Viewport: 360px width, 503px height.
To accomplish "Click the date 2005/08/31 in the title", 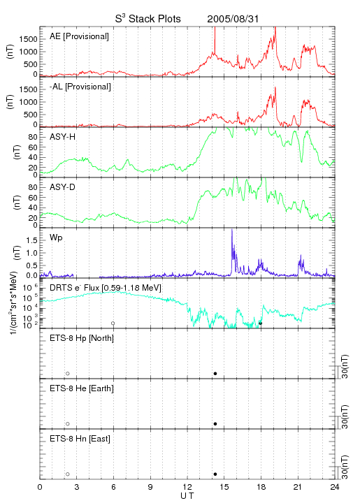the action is click(x=233, y=19).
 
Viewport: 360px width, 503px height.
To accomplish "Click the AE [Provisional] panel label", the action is click(x=79, y=36).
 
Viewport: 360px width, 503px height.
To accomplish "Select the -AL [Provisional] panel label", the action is click(x=80, y=87).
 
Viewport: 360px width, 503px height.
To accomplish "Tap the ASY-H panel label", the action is click(x=63, y=137).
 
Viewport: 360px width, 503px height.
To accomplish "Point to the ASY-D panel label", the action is click(x=63, y=187).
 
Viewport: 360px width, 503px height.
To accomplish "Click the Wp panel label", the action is click(x=56, y=238).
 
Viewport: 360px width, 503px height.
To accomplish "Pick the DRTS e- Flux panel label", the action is click(x=106, y=288).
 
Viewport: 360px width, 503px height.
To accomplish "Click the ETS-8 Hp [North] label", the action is click(x=82, y=338).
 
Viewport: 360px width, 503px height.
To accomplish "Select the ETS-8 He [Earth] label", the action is click(x=82, y=388).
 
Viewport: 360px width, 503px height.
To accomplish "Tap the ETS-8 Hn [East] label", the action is click(x=80, y=439).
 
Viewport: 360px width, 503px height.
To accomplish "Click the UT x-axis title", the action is click(x=187, y=496).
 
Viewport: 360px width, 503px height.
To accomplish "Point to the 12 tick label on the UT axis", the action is click(x=187, y=487).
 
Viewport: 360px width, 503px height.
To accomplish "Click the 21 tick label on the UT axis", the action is click(x=298, y=487).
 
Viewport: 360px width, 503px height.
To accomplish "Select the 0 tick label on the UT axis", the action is click(x=40, y=487).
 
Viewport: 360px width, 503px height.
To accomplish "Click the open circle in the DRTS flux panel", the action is click(x=113, y=323).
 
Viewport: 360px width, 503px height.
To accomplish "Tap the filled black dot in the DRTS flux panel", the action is click(x=261, y=323).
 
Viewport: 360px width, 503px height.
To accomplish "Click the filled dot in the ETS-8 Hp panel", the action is click(x=215, y=373).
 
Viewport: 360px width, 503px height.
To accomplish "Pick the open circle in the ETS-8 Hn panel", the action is click(x=68, y=474).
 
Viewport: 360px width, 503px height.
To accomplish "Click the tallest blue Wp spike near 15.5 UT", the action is click(x=231, y=230).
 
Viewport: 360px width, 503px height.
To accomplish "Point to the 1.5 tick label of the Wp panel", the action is click(x=32, y=240).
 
